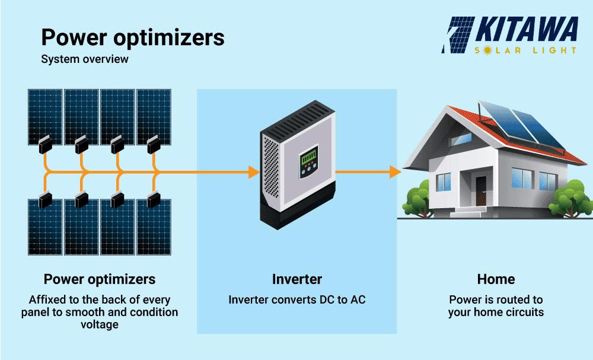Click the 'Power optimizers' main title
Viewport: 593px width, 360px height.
point(133,37)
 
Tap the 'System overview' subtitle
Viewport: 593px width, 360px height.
point(84,59)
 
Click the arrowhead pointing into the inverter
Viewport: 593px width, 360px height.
point(253,173)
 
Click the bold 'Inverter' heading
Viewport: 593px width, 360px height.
point(296,279)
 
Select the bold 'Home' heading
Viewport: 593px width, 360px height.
point(496,279)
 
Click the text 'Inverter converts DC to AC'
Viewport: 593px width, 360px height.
point(296,300)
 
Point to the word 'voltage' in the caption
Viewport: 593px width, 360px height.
point(100,324)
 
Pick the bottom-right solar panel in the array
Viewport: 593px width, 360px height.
point(154,228)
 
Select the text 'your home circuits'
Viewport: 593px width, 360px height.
point(496,312)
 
